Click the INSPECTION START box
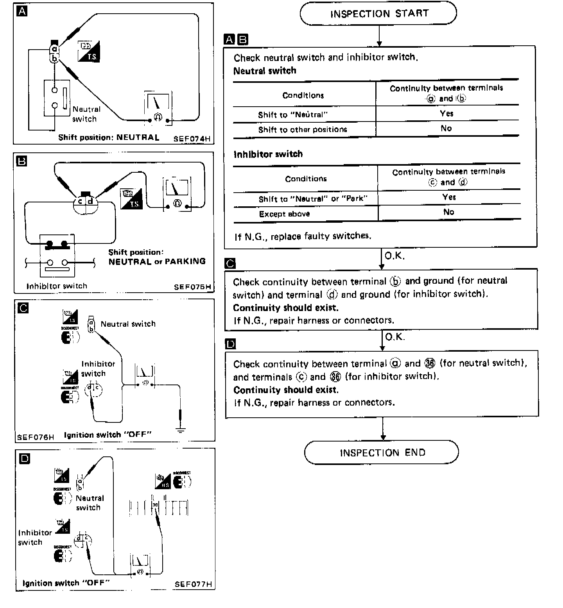[x=378, y=14]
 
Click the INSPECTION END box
[x=382, y=452]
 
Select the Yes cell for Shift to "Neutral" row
[x=446, y=114]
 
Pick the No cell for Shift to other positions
[x=446, y=129]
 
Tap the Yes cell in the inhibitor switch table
[x=449, y=197]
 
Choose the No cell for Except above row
[x=448, y=212]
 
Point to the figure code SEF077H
[x=193, y=584]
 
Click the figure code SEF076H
[x=36, y=437]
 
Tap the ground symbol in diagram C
[x=180, y=430]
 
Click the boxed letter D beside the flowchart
[x=230, y=344]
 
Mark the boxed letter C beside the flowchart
[x=230, y=264]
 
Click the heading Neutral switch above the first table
[x=265, y=71]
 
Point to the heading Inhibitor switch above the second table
[x=268, y=154]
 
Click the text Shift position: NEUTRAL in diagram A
[x=109, y=138]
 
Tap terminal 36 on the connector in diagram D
[x=155, y=505]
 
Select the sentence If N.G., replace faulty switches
[x=302, y=236]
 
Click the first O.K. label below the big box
[x=394, y=256]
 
